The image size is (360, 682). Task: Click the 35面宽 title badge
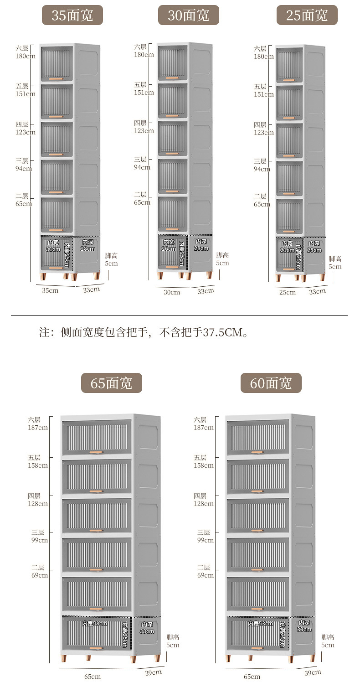[72, 15]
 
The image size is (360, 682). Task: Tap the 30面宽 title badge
[188, 15]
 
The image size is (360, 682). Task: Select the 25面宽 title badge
[307, 15]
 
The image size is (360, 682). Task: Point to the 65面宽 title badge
[111, 382]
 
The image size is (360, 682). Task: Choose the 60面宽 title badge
[271, 382]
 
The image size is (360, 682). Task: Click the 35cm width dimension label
[50, 290]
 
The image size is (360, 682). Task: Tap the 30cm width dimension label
[172, 292]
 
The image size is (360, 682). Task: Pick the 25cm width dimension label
[287, 292]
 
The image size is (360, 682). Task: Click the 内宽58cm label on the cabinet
[95, 624]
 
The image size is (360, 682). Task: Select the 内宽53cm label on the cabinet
[261, 624]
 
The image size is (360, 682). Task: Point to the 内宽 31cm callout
[53, 246]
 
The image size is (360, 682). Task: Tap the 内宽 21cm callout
[287, 247]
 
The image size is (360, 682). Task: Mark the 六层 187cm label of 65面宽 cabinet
[38, 424]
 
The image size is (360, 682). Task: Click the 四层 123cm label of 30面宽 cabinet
[144, 127]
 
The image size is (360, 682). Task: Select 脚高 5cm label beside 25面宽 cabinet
[335, 263]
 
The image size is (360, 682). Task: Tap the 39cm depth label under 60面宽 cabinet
[313, 672]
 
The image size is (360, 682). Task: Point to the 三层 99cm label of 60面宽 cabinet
[206, 536]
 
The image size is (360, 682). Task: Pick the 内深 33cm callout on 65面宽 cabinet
[147, 628]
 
